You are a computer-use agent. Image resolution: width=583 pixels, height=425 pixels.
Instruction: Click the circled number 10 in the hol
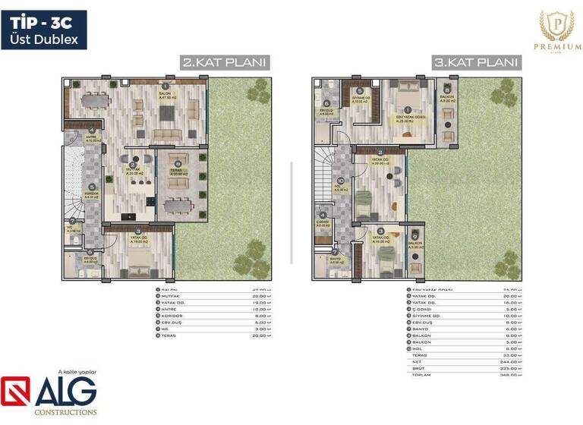[x=341, y=181]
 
